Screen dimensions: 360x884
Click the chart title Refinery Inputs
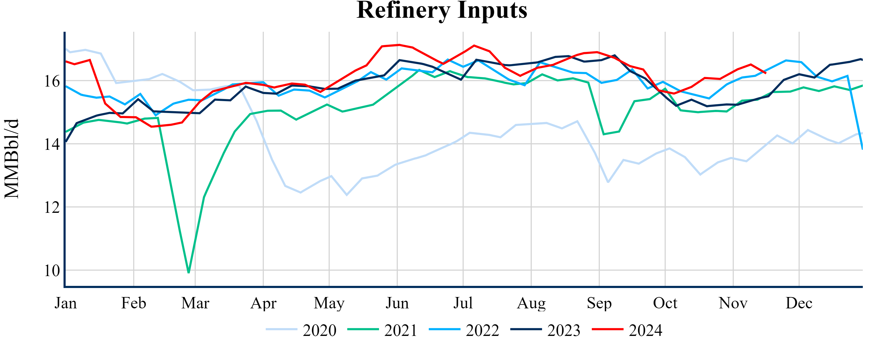pyautogui.click(x=442, y=10)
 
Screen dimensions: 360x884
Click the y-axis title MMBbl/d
pyautogui.click(x=12, y=159)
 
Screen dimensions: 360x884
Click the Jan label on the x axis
pyautogui.click(x=66, y=303)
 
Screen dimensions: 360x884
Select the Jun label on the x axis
pyautogui.click(x=397, y=303)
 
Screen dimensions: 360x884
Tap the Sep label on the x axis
pyautogui.click(x=599, y=303)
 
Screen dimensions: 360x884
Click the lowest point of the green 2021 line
pyautogui.click(x=189, y=272)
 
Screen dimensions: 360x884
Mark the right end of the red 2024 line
pyautogui.click(x=766, y=73)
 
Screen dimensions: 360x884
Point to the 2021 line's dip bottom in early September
pyautogui.click(x=604, y=134)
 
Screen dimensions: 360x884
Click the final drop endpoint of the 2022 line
pyautogui.click(x=862, y=148)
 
